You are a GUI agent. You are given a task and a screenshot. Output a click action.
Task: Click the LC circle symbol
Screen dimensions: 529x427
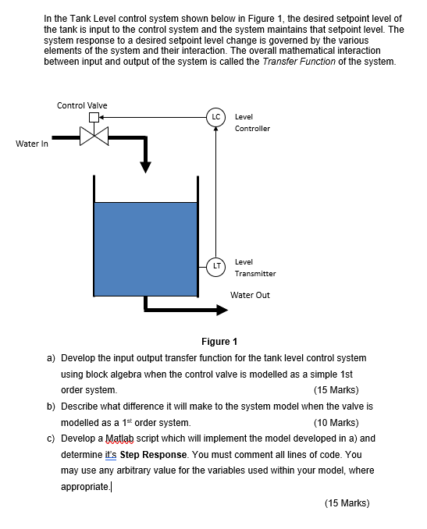(215, 119)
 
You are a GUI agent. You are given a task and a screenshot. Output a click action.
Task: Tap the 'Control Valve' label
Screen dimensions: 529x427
(82, 105)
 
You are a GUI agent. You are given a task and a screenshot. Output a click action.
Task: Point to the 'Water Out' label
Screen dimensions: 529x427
(250, 295)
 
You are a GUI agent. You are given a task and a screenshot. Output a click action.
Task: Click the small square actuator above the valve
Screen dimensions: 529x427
(95, 119)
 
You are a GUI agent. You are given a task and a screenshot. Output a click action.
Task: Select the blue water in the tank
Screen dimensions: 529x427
(145, 248)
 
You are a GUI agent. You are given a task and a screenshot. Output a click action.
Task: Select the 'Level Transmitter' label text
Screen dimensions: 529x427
(254, 268)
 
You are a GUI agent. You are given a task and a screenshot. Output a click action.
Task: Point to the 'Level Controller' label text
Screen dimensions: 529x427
(252, 122)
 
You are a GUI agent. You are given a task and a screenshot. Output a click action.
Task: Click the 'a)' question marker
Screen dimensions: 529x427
(51, 357)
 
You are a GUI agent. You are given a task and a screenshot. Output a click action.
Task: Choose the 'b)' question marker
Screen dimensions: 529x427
(51, 407)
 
